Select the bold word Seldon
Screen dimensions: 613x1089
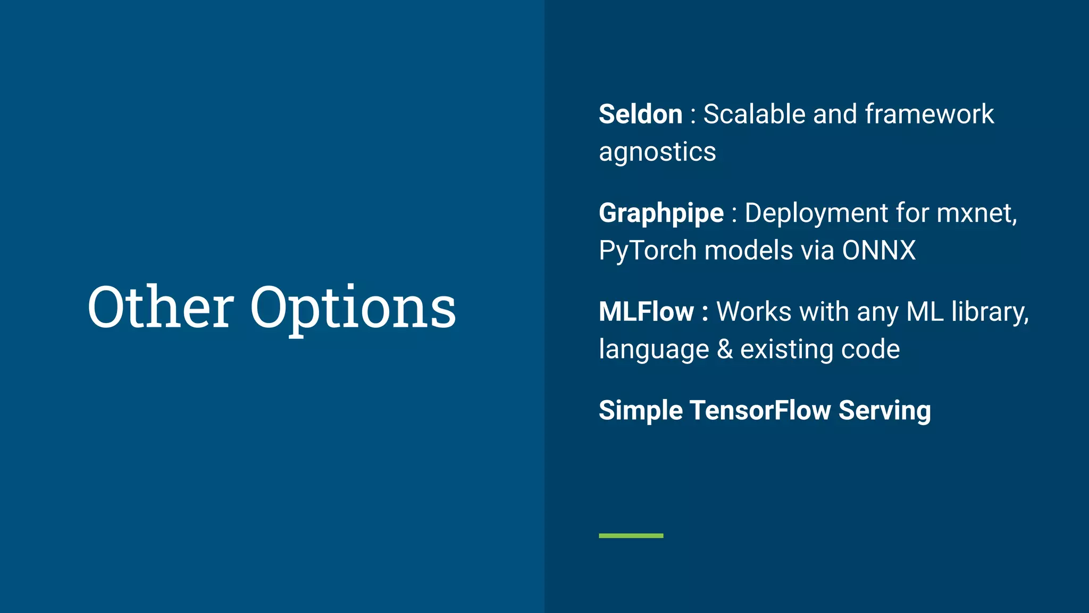[640, 114]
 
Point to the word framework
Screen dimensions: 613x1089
[929, 114]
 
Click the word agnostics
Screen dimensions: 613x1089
[657, 153]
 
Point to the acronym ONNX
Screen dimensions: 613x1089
[878, 251]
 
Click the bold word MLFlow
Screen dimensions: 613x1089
[646, 312]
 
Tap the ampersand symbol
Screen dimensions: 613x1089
[725, 350]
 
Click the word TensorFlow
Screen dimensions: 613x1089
[760, 411]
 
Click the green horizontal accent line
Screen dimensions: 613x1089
[631, 536]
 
